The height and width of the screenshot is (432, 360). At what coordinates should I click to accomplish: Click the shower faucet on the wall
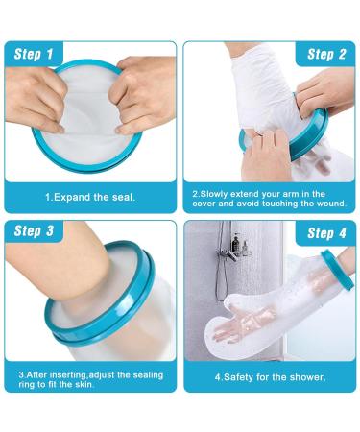(229, 252)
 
